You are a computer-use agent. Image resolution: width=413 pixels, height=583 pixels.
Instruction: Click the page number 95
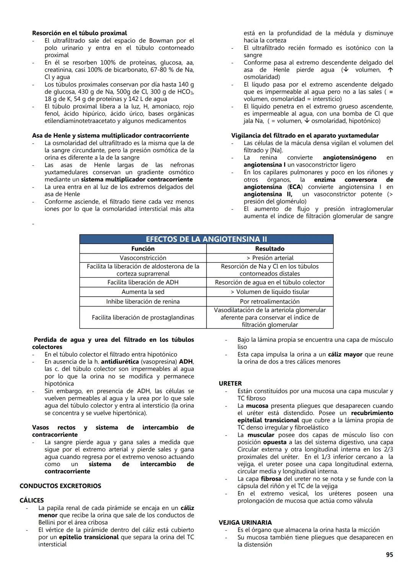389,555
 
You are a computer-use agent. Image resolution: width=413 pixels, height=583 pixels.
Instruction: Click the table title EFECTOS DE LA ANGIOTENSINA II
206,239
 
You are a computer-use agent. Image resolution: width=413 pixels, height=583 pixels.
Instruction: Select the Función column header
143,249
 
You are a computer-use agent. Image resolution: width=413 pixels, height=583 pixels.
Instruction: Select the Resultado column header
270,249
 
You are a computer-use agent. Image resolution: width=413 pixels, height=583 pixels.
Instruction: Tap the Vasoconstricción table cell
143,258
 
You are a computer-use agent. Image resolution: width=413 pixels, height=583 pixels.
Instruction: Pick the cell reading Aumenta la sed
143,292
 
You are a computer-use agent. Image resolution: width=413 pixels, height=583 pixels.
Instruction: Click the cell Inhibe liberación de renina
143,302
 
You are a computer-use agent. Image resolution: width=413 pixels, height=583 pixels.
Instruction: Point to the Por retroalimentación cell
270,302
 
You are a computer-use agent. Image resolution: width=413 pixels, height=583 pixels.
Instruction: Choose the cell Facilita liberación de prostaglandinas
143,318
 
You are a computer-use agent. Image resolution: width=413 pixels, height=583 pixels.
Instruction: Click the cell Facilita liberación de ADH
143,283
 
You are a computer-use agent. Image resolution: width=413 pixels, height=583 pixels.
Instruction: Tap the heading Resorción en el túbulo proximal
80,33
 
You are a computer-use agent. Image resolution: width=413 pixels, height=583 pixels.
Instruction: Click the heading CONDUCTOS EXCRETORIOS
60,486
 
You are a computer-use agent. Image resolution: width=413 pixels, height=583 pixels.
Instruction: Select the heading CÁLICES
32,501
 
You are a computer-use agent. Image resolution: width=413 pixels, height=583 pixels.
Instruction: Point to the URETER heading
230,383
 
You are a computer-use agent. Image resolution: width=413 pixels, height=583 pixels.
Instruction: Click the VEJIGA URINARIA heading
245,523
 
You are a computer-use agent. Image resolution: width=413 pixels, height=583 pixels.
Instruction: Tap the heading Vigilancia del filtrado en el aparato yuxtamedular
305,136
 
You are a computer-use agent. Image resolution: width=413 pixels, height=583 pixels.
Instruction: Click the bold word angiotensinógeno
349,158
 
